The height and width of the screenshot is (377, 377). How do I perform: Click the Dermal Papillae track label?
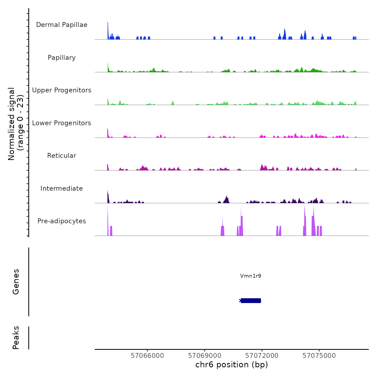[x=62, y=25]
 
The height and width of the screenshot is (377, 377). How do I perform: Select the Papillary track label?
[x=62, y=58]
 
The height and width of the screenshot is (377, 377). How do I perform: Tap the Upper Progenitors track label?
[x=62, y=90]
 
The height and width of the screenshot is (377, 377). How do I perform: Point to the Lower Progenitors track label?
[x=62, y=123]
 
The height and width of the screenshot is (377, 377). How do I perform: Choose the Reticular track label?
[x=62, y=156]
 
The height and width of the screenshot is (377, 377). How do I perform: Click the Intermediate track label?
[x=62, y=188]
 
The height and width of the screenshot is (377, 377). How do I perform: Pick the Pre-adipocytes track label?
[x=62, y=221]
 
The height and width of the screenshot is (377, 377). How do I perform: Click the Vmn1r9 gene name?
[x=251, y=276]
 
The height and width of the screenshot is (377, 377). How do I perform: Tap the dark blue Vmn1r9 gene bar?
[x=251, y=301]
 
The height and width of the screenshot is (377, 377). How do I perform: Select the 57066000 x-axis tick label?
[x=147, y=356]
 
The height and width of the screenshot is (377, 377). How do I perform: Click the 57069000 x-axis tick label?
[x=205, y=356]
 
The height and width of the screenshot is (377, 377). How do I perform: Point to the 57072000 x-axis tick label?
[x=262, y=356]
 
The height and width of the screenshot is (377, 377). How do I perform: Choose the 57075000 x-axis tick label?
[x=319, y=356]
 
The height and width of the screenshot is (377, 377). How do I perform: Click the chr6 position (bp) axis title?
[x=232, y=365]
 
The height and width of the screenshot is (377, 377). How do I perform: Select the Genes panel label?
[x=16, y=282]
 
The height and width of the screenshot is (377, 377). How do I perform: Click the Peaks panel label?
[x=16, y=338]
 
